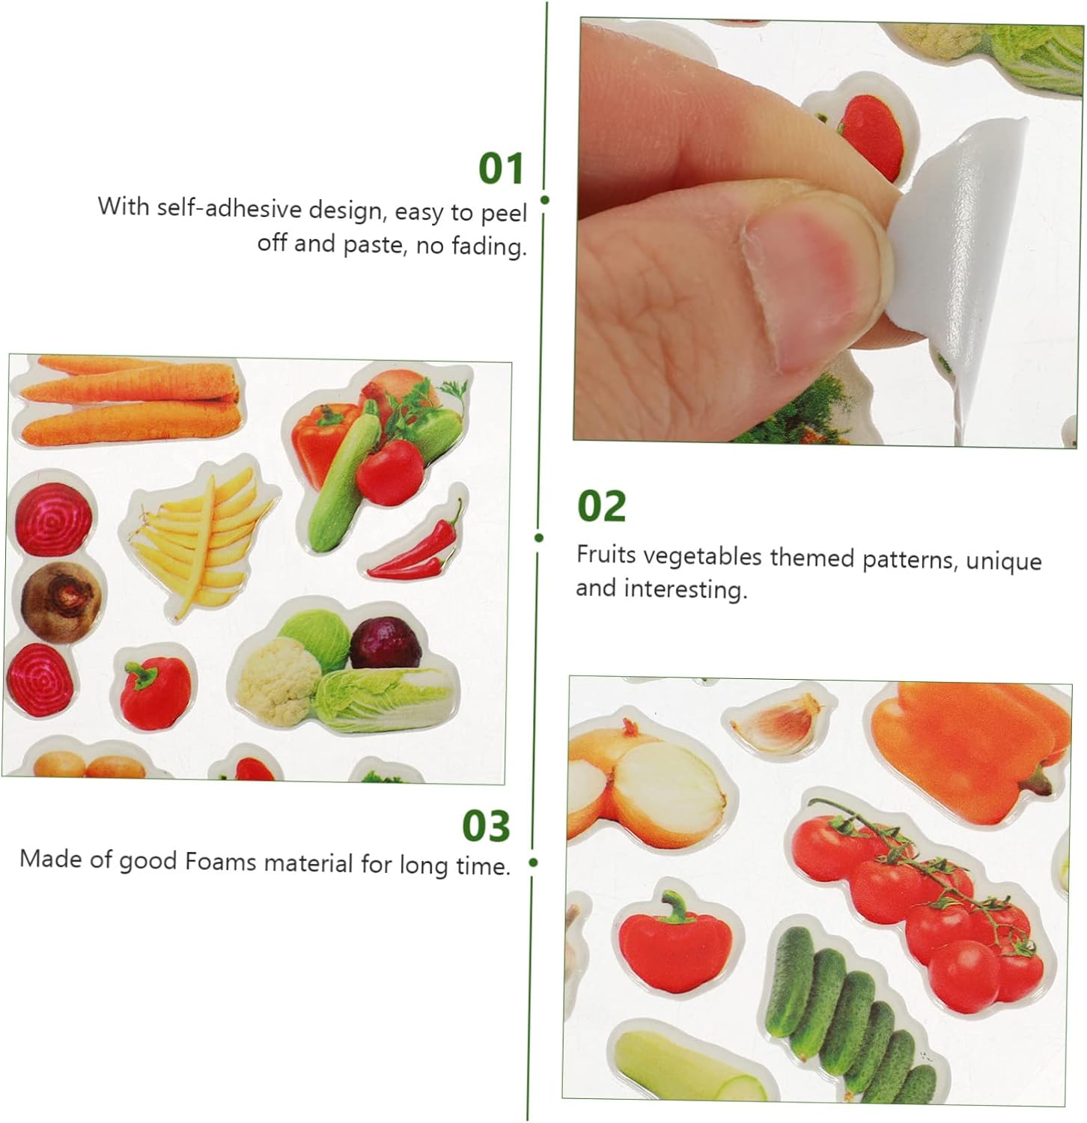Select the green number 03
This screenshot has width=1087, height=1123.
pos(486,826)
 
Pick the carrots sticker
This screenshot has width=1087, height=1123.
pos(129,401)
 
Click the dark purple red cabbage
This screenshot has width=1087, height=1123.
pos(386,642)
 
